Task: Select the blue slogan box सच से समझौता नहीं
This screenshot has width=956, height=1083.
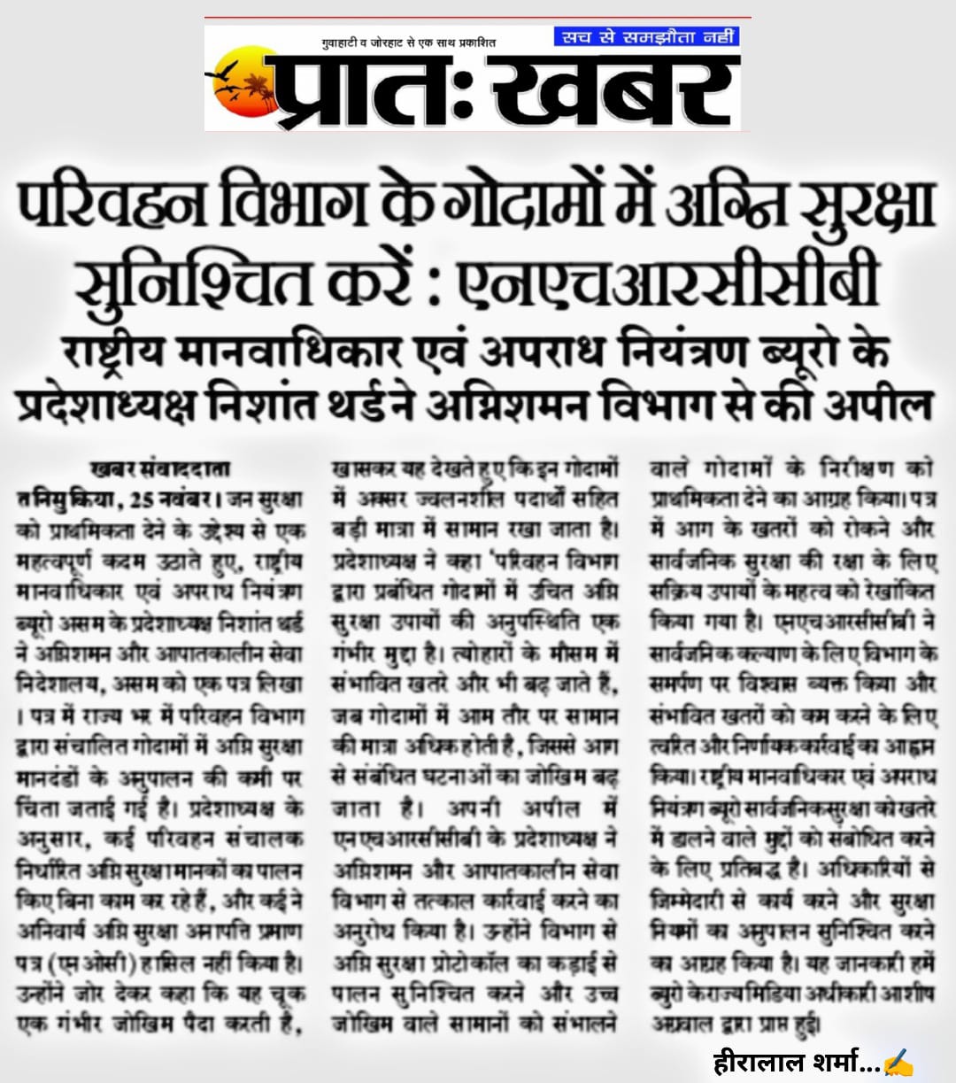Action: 646,37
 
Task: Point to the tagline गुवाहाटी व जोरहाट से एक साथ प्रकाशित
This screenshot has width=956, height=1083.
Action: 408,42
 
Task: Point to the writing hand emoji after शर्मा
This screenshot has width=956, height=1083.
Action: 898,1060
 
